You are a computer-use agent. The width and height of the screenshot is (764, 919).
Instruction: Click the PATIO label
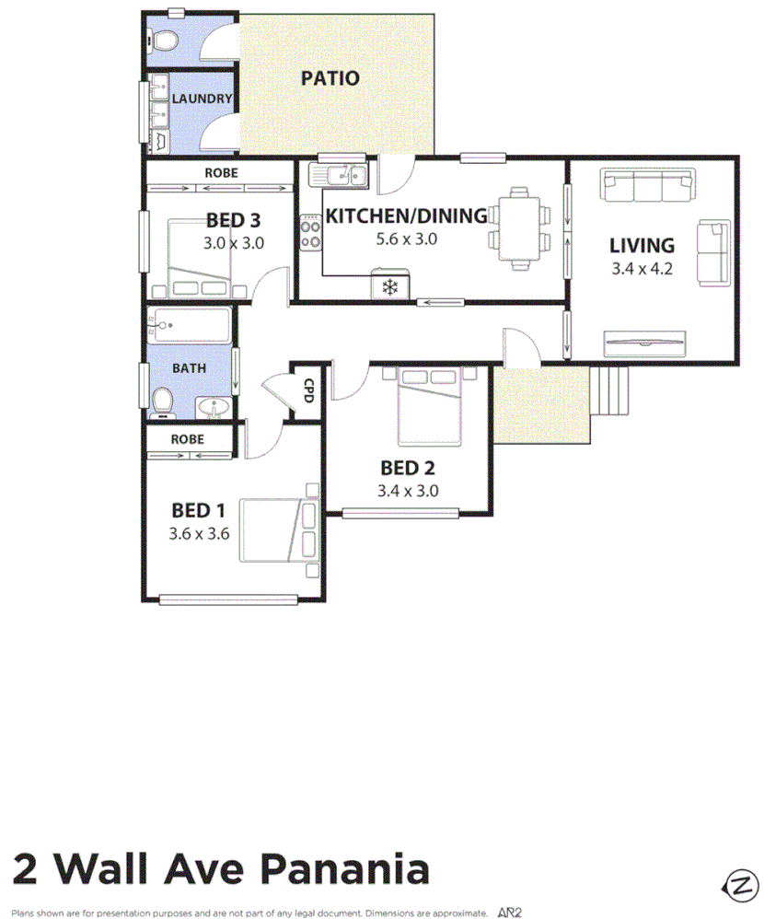tap(330, 78)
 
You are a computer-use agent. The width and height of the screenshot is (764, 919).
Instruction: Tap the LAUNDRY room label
tap(202, 99)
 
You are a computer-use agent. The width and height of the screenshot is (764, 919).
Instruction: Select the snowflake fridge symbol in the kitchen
tap(389, 286)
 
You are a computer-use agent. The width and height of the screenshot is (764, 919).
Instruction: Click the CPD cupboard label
tap(309, 392)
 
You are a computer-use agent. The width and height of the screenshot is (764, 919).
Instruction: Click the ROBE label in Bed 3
tap(221, 172)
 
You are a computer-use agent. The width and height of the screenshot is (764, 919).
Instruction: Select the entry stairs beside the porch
tap(609, 390)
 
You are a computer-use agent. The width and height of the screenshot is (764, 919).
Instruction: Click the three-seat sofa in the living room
tap(647, 187)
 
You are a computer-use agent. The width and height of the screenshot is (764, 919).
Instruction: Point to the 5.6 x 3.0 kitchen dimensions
tap(406, 239)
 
